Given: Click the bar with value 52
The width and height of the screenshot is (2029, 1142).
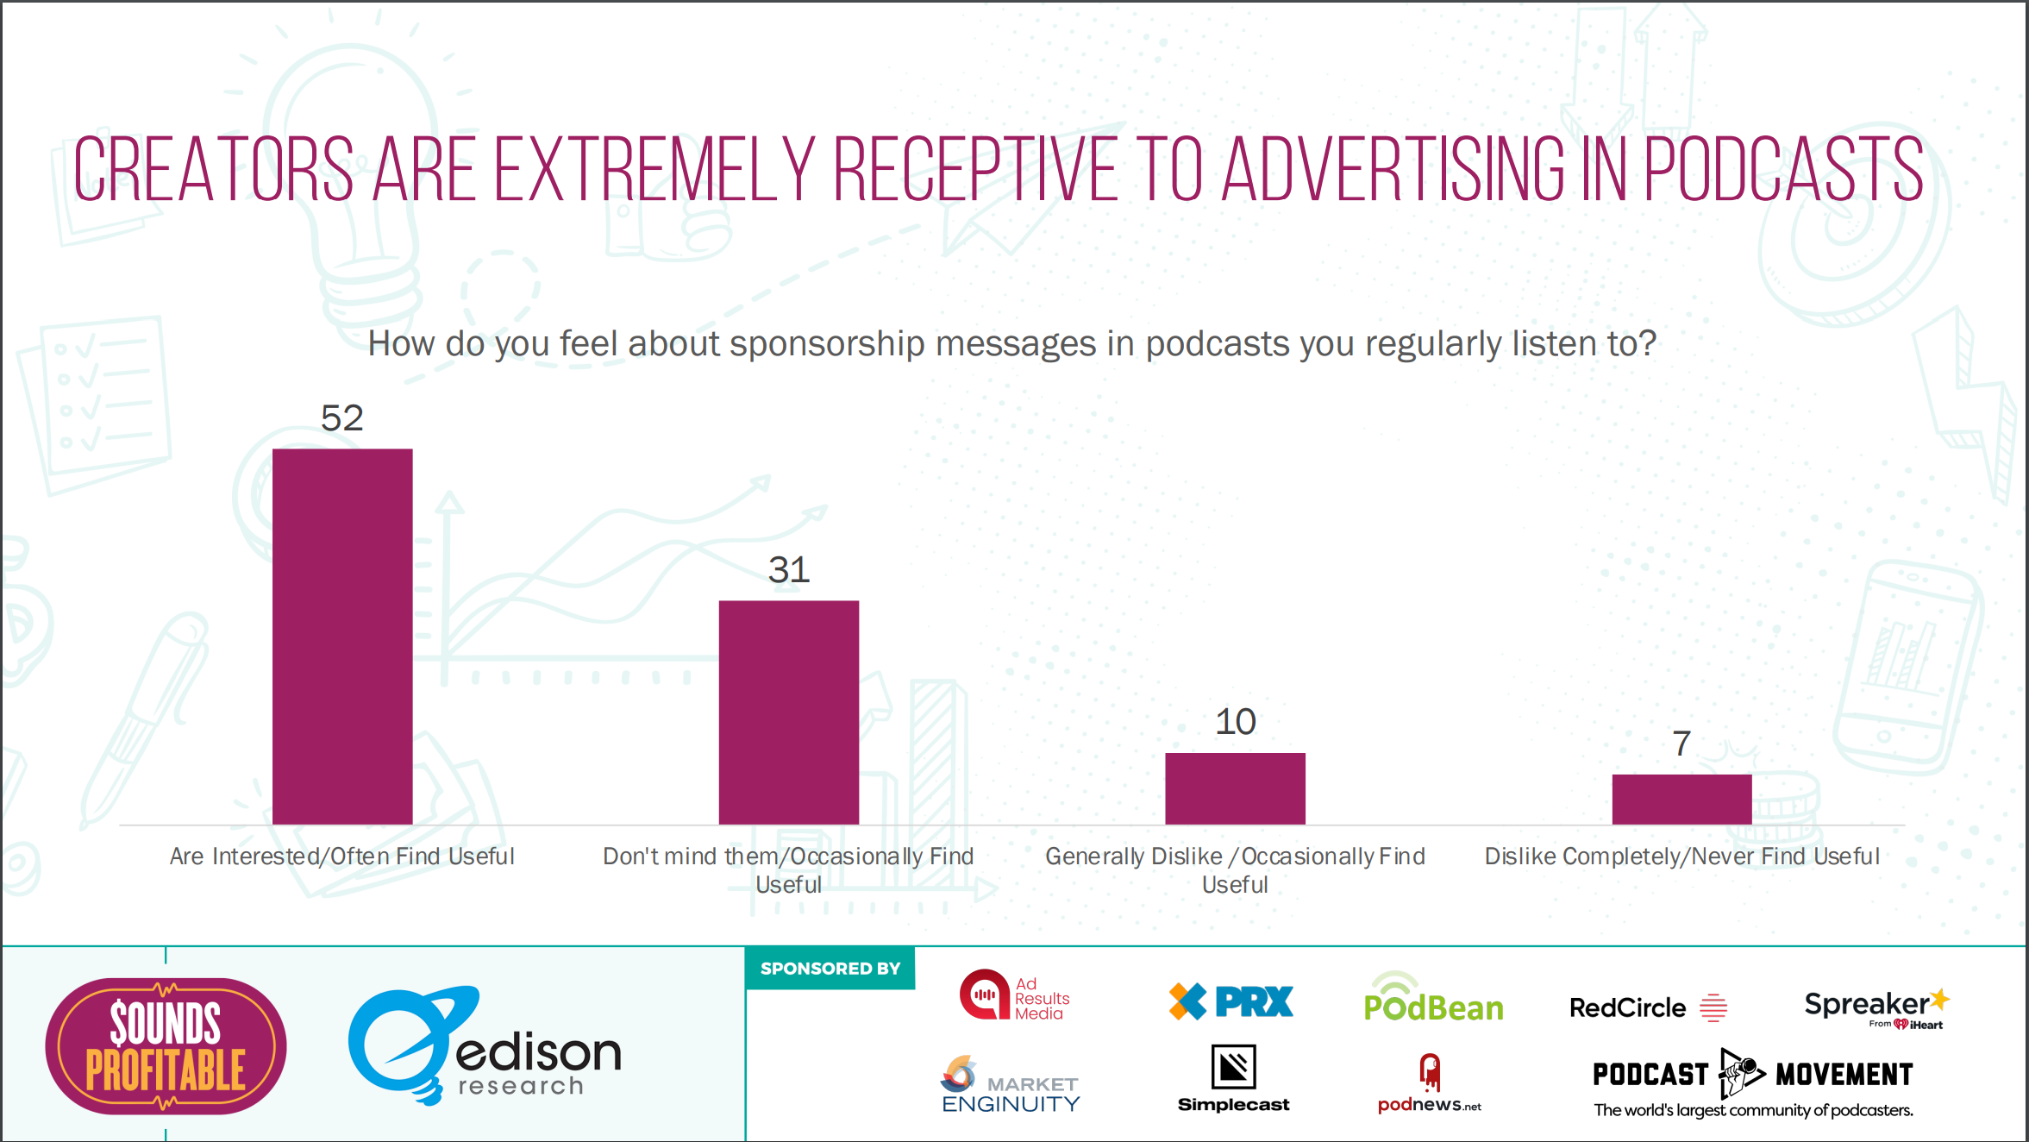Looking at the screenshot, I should pos(342,637).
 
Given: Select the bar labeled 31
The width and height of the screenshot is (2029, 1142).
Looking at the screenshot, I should pos(788,712).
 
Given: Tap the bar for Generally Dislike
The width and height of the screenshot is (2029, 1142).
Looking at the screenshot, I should pos(1235,788).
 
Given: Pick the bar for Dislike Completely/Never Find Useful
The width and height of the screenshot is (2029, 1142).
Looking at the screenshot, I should pos(1681,800).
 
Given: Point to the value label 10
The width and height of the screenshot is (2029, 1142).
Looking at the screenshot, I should pos(1235,722).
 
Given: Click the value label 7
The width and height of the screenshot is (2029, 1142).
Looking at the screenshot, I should pos(1681,744).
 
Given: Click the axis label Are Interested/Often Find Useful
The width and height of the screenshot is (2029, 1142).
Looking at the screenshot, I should pos(342,856).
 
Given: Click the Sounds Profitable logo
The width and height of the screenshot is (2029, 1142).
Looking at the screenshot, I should pos(166,1045).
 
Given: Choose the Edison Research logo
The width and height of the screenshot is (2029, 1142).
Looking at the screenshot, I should pos(485,1045).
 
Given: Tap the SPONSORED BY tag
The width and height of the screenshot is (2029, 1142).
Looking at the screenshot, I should pos(830,969).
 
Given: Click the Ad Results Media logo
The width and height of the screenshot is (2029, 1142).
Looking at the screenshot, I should pos(1014,996).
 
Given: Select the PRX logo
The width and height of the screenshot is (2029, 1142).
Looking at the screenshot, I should pos(1231,1001).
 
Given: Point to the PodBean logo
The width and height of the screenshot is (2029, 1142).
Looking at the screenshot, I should pos(1433,1000).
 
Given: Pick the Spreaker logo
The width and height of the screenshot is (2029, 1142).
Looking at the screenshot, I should pos(1876,1007).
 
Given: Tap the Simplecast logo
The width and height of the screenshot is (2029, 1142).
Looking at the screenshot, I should pos(1233,1078).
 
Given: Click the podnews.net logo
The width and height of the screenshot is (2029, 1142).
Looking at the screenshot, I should pos(1429,1084).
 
